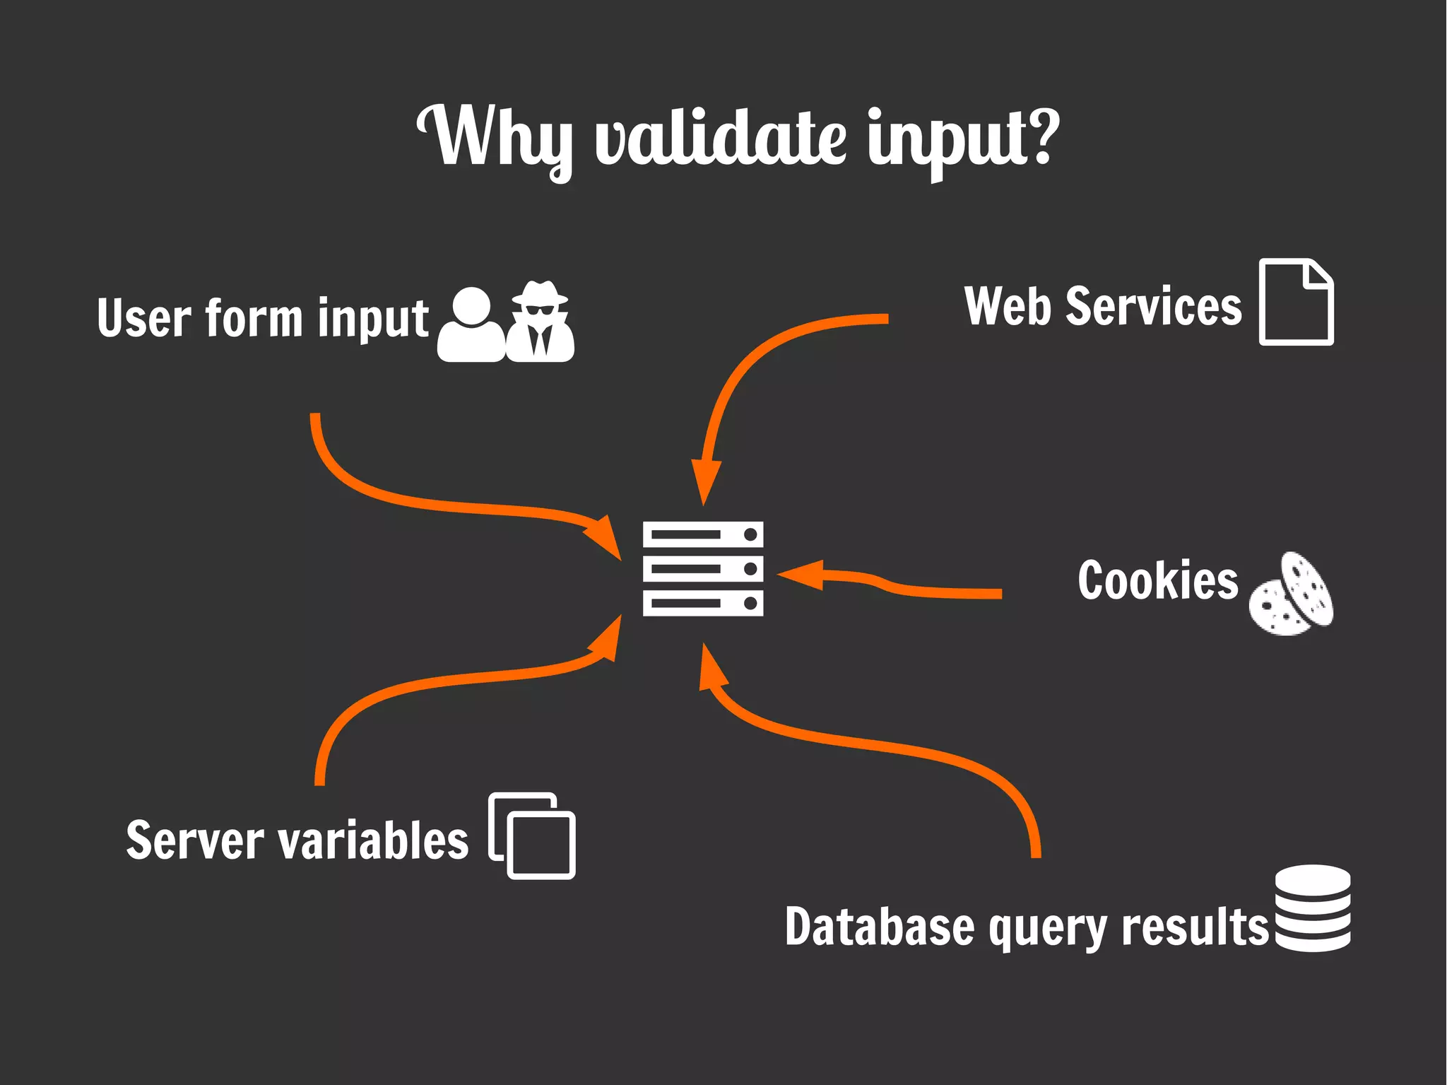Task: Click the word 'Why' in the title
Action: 495,138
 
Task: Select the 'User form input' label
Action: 263,318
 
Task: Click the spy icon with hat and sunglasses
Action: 541,322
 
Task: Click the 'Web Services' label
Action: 1103,307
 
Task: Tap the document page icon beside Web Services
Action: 1296,302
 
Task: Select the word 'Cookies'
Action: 1158,581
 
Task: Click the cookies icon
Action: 1292,594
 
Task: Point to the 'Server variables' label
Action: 297,840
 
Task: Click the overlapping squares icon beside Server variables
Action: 531,835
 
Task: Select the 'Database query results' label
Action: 1027,927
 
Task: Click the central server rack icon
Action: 703,568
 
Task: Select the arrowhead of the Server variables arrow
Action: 606,639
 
